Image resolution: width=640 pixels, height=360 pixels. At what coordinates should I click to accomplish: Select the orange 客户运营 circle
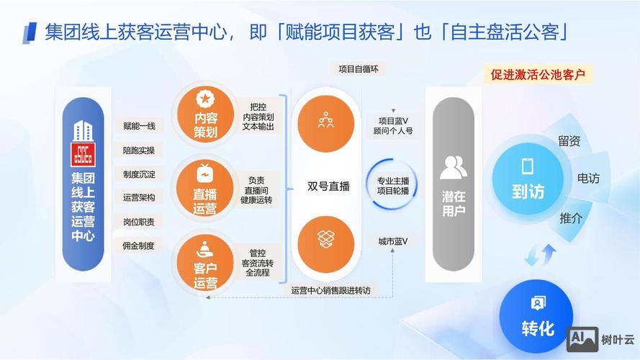[205, 264]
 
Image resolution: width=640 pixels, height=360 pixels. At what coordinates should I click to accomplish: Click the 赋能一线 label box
[140, 126]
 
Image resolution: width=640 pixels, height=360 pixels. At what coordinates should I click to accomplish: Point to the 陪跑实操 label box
[140, 150]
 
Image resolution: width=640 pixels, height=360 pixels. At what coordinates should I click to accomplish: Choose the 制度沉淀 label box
[140, 174]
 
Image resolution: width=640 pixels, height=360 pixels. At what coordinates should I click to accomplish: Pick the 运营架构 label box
[140, 197]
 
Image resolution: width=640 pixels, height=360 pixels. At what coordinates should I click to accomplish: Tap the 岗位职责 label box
[140, 221]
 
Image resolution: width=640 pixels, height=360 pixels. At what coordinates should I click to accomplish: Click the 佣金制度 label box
[140, 245]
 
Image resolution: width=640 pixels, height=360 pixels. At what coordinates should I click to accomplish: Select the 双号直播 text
[328, 186]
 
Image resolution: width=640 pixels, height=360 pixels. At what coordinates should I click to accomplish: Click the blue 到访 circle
[528, 181]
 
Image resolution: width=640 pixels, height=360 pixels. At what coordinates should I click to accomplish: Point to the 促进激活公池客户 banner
[538, 74]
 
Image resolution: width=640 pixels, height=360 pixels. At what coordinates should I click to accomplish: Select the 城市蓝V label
[393, 240]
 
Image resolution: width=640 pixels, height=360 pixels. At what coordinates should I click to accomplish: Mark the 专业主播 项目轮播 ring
[393, 186]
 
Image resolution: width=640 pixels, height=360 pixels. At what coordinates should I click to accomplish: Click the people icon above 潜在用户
[453, 167]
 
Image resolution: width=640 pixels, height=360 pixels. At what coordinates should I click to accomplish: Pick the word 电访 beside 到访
[587, 178]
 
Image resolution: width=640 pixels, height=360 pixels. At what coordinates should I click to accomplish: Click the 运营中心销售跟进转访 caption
[331, 290]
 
